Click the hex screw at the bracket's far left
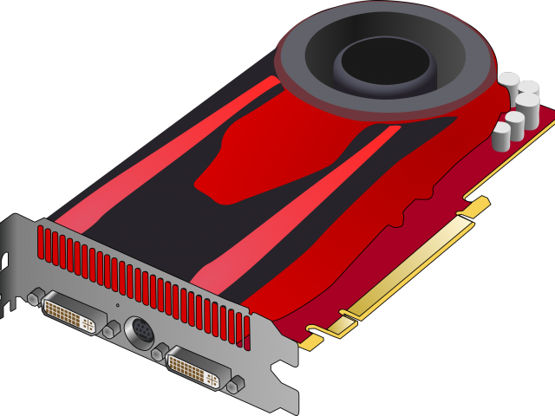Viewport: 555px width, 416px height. [x=34, y=298]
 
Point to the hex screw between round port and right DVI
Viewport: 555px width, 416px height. [x=158, y=350]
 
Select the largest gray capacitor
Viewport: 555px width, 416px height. [x=527, y=111]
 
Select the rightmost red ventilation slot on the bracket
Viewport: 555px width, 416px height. [x=246, y=327]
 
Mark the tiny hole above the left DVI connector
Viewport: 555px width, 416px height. [x=118, y=305]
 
